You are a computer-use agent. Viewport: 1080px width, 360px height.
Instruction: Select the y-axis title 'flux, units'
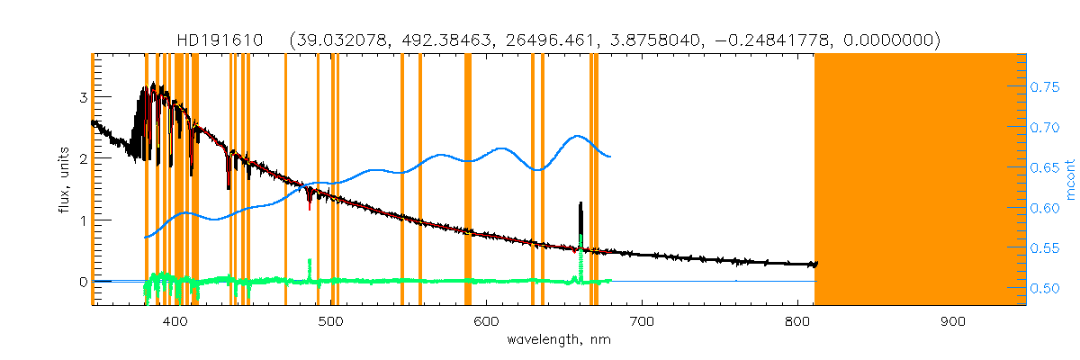(65, 180)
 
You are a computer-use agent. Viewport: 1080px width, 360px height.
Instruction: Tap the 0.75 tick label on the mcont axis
(1045, 87)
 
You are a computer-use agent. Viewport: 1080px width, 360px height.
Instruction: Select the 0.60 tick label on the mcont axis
(1045, 208)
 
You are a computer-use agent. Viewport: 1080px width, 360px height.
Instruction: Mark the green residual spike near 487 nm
(310, 265)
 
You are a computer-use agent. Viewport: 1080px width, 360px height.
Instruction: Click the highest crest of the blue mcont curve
(577, 136)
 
